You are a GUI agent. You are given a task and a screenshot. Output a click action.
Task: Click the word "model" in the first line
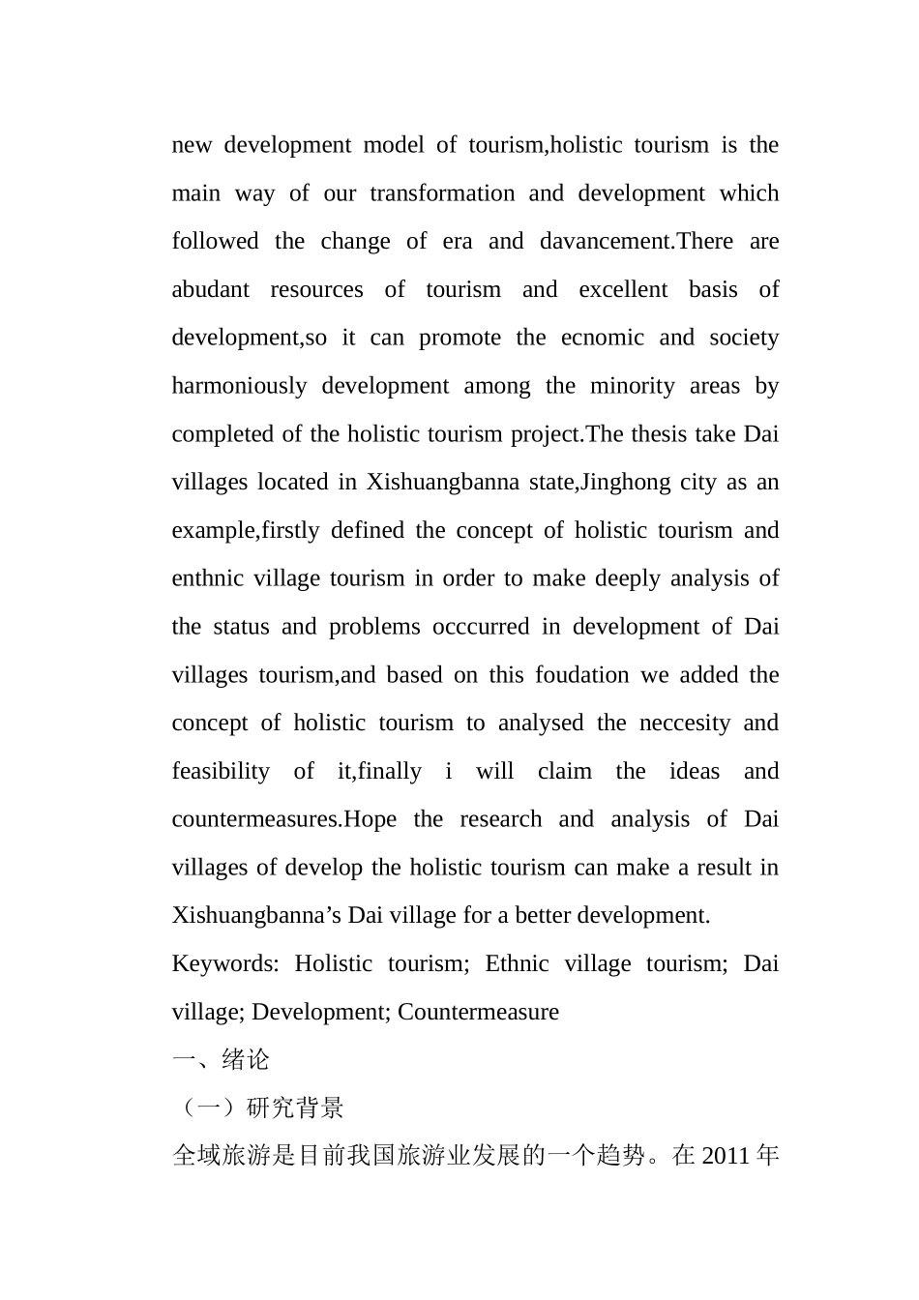coord(394,145)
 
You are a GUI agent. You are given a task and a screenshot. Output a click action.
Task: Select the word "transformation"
coord(442,193)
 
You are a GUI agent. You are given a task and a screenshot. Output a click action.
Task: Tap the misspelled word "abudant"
coord(211,290)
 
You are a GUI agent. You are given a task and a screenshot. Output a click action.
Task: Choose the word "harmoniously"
coord(239,386)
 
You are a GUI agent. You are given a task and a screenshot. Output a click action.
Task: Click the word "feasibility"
coord(221,772)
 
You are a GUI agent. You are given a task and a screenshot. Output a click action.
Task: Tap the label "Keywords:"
coord(225,964)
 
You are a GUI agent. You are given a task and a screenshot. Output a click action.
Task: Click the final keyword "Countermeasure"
coord(478,1013)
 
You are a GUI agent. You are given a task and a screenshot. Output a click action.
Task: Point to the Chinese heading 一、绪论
coord(222,1060)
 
